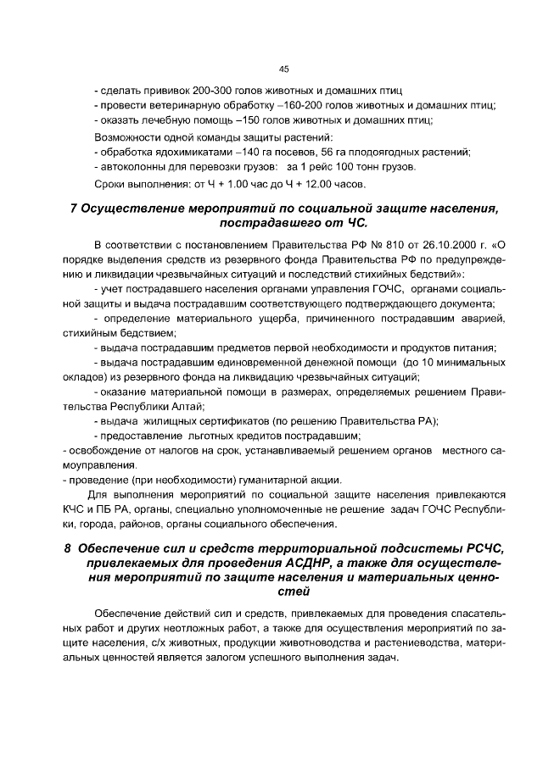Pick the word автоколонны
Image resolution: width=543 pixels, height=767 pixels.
click(131, 167)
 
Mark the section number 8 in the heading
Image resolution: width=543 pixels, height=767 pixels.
click(69, 547)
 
